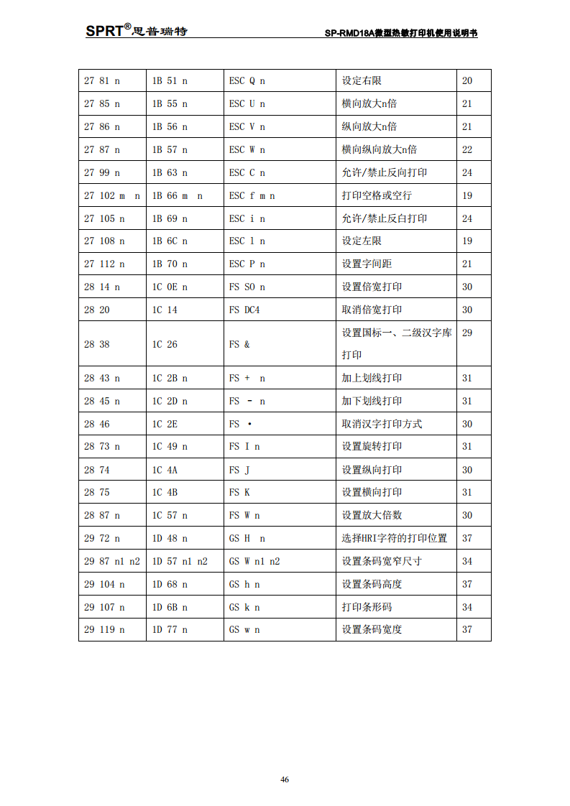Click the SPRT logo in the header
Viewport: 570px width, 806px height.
click(136, 30)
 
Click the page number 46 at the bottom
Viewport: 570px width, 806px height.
click(285, 779)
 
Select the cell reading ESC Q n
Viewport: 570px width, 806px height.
click(247, 80)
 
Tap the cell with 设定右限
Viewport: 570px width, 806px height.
click(362, 80)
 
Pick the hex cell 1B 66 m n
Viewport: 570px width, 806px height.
click(177, 195)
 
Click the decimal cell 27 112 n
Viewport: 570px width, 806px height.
click(104, 264)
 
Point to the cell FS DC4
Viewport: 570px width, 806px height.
click(245, 310)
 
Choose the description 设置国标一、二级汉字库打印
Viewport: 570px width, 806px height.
click(396, 344)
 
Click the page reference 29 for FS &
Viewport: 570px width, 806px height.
click(467, 333)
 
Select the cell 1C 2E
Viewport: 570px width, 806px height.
click(165, 424)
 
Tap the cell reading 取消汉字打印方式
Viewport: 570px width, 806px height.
click(382, 424)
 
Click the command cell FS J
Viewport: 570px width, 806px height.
click(239, 470)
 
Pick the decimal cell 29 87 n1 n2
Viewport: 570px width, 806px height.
click(112, 561)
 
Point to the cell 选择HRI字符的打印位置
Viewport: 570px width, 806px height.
click(394, 538)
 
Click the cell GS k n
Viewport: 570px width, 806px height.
click(244, 607)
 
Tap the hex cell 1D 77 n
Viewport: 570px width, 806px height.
click(170, 629)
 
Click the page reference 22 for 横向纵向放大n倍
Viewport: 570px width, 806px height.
click(467, 149)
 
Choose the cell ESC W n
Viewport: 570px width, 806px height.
click(247, 149)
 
